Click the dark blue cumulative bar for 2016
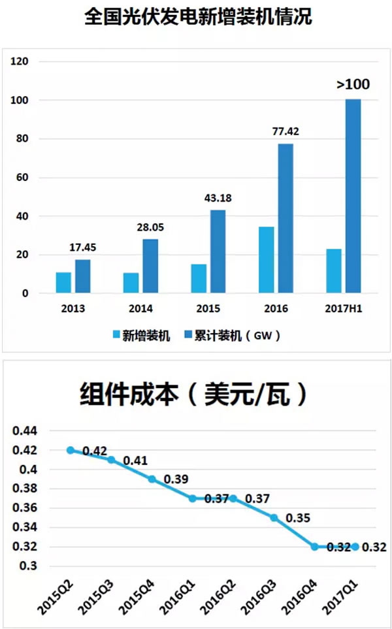286,219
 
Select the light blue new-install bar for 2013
63,283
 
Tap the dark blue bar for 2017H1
353,196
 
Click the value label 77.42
286,132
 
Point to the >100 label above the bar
353,84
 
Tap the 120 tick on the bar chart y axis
21,62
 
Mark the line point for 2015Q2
71,450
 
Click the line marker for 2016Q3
274,517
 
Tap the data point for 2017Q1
355,547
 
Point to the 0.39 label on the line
176,479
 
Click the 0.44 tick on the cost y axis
25,431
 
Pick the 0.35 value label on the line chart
298,518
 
